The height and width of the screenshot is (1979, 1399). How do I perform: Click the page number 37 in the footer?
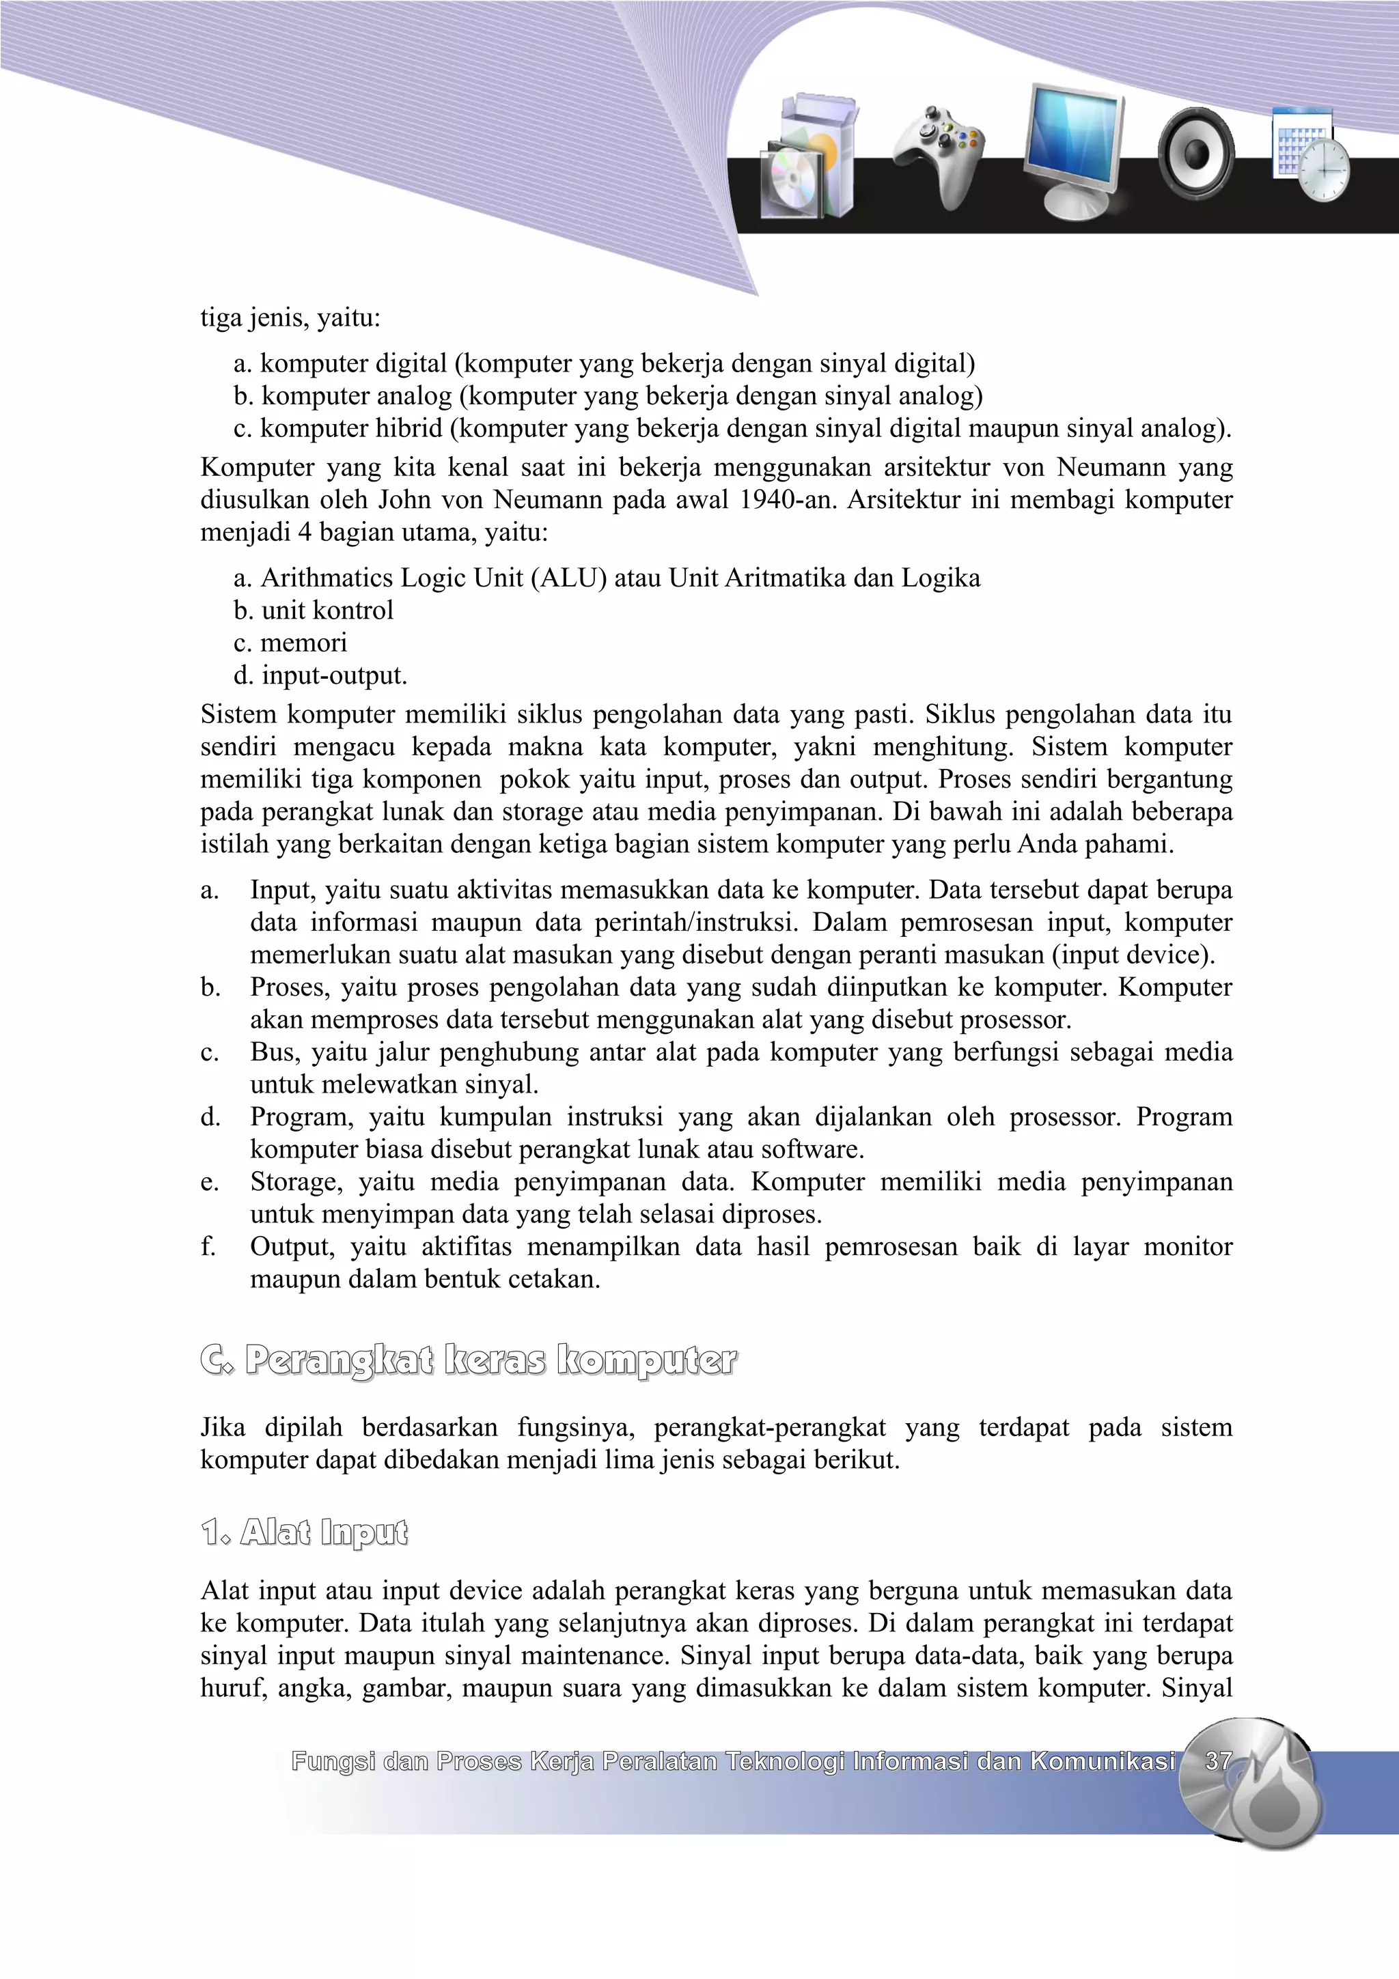pyautogui.click(x=1218, y=1761)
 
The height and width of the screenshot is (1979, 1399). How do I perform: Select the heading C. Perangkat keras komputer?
pyautogui.click(x=468, y=1360)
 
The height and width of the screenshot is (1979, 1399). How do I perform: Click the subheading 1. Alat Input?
pyautogui.click(x=304, y=1532)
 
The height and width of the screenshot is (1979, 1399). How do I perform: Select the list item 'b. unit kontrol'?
pyautogui.click(x=313, y=610)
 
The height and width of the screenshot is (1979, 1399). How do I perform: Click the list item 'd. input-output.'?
pyautogui.click(x=320, y=675)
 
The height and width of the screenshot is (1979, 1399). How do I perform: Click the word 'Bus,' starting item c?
pyautogui.click(x=274, y=1052)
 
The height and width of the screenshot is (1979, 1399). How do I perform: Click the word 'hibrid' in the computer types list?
pyautogui.click(x=400, y=428)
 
